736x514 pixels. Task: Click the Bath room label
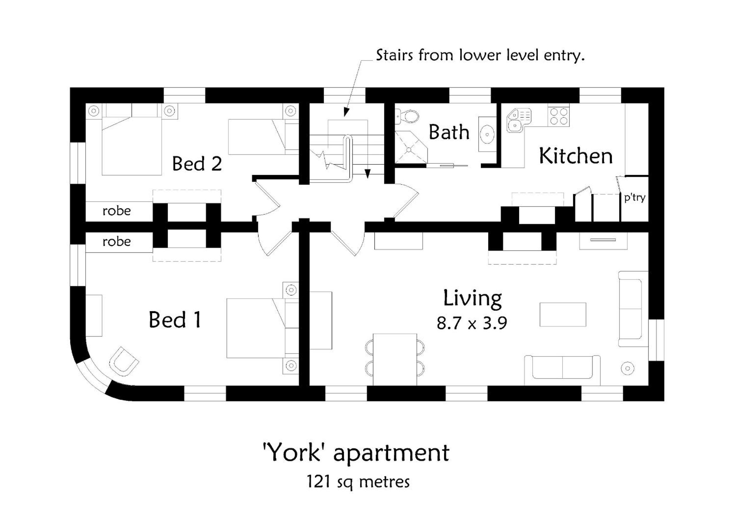coord(449,132)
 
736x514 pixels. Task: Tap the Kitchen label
coord(576,156)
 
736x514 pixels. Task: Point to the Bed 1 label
coord(175,319)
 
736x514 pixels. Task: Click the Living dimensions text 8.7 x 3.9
coord(472,323)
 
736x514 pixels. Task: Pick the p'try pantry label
coord(635,198)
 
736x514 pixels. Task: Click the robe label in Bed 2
coord(117,211)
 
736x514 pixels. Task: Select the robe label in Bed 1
coord(117,242)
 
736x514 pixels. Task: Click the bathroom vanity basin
coord(487,134)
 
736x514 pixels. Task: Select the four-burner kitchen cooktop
coord(559,116)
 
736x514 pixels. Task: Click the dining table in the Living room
coord(395,359)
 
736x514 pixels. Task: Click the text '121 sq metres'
coord(358,481)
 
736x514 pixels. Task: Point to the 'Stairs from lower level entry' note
coord(480,55)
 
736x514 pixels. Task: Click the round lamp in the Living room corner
coord(628,368)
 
